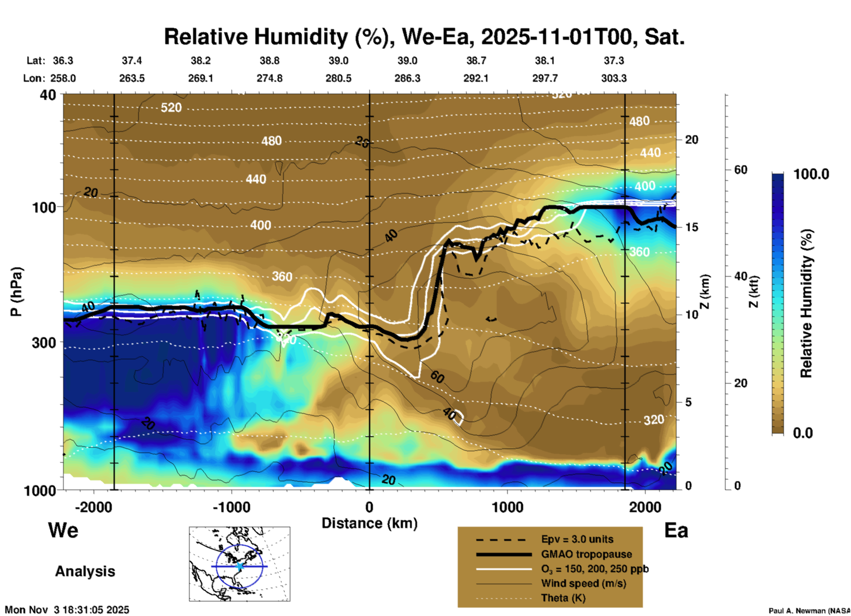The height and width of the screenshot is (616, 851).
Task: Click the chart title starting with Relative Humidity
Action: point(424,37)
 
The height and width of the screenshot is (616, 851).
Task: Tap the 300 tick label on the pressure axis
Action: point(44,342)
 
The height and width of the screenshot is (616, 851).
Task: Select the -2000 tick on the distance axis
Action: point(94,507)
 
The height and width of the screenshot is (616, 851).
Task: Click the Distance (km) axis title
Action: point(369,523)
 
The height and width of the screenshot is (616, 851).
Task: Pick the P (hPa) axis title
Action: point(16,292)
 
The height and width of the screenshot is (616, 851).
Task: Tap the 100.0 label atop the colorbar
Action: point(811,174)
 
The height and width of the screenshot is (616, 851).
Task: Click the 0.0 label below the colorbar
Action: point(803,433)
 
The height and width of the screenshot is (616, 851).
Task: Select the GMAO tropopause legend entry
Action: point(586,554)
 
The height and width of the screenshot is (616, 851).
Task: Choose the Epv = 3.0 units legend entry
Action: point(577,539)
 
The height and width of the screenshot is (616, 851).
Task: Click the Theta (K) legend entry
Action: point(563,598)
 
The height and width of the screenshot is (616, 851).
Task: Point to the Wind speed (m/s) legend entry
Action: point(583,583)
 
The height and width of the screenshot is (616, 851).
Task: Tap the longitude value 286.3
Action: point(407,78)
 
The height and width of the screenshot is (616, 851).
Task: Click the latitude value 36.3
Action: point(63,61)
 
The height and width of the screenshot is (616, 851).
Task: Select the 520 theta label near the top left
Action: point(171,107)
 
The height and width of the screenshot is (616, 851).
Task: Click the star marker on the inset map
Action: point(239,566)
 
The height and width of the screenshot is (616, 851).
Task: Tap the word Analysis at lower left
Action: point(85,571)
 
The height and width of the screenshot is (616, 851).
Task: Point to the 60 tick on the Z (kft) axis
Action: point(741,170)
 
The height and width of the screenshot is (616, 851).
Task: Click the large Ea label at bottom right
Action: point(676,530)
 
